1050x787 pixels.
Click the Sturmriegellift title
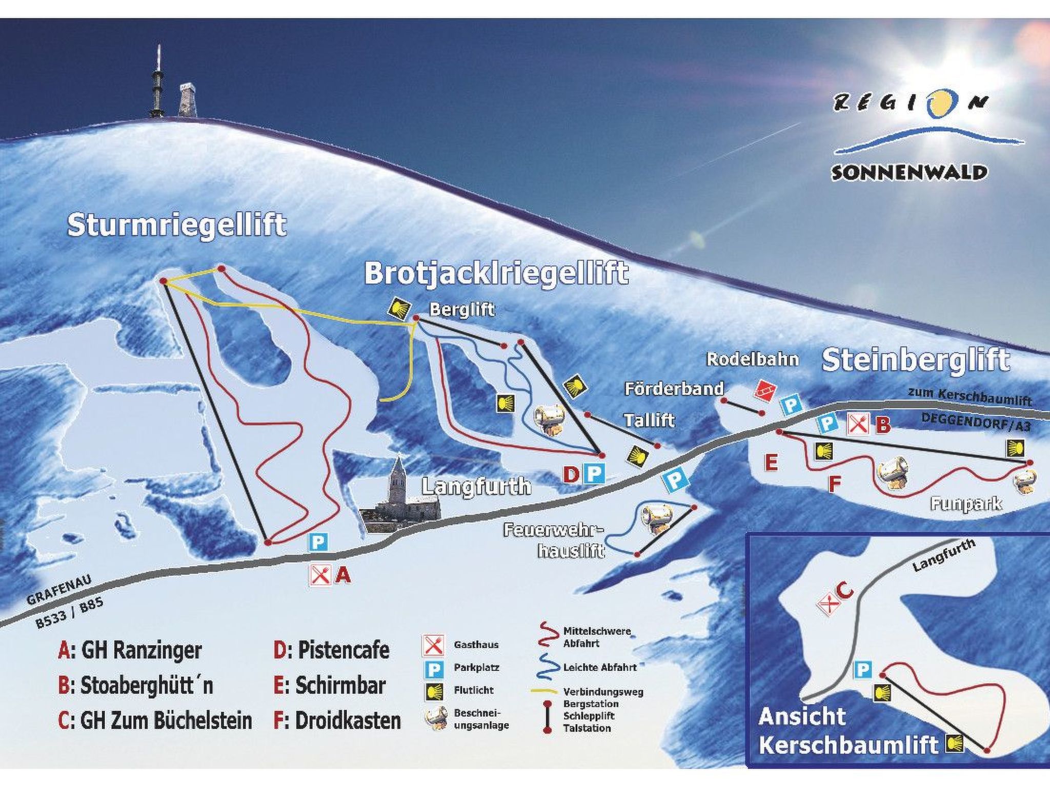pyautogui.click(x=177, y=225)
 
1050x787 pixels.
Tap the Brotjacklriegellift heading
pyautogui.click(x=496, y=273)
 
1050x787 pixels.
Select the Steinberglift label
pyautogui.click(x=916, y=360)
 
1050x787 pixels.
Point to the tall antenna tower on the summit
pyautogui.click(x=158, y=82)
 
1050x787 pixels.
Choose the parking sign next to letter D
pyautogui.click(x=595, y=474)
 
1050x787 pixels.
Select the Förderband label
pyautogui.click(x=674, y=389)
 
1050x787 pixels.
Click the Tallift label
pyautogui.click(x=649, y=421)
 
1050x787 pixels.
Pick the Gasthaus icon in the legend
pyautogui.click(x=433, y=645)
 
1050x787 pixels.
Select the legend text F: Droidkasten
pyautogui.click(x=337, y=720)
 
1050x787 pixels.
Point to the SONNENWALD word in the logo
pyautogui.click(x=908, y=173)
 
